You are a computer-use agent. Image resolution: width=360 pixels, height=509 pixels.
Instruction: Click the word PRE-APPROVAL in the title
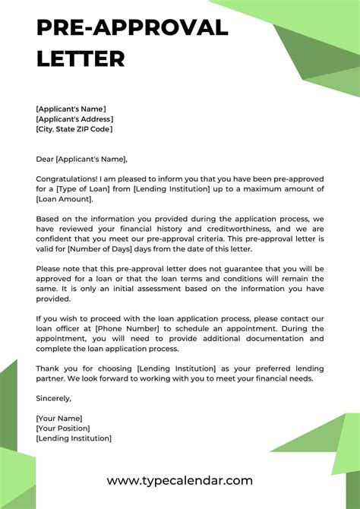click(x=132, y=28)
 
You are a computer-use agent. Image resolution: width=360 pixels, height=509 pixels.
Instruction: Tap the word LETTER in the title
click(x=81, y=58)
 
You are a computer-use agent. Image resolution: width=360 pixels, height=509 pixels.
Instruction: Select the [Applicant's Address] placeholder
click(x=74, y=119)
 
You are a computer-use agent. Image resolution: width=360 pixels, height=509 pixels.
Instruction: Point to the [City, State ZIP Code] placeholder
click(x=74, y=129)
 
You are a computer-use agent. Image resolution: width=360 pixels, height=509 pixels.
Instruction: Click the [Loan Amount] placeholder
click(x=64, y=199)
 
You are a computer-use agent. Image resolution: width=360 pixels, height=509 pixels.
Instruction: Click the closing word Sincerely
click(x=53, y=398)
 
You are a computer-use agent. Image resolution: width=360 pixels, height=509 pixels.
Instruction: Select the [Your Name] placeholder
click(x=58, y=419)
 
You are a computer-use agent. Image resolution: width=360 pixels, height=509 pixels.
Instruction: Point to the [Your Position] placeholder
click(x=64, y=428)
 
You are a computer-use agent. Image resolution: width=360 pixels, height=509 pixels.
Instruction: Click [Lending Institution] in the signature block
click(x=74, y=438)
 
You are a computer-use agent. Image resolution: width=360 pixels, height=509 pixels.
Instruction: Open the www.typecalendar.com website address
click(x=179, y=481)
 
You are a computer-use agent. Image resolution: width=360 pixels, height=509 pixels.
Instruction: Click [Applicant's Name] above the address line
click(x=71, y=109)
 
